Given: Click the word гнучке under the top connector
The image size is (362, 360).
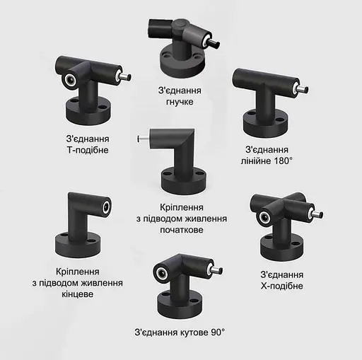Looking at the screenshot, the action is point(180,102).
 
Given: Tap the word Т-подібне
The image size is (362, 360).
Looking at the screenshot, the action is point(88,150).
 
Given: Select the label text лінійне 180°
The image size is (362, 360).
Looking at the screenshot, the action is point(267,161).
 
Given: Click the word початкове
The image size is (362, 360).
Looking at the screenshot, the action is point(182,230).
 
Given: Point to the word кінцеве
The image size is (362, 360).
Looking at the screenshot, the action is point(78,294).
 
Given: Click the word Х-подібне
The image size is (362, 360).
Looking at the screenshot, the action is point(282,286).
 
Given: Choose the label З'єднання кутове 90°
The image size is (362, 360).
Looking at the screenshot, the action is point(180,332).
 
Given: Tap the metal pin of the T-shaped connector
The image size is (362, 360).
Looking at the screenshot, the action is point(125,76).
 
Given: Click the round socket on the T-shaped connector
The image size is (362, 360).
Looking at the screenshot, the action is point(70,81).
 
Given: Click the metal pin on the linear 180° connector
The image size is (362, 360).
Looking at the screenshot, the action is point(303,90).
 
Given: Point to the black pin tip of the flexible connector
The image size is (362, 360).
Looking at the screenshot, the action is point(214,43).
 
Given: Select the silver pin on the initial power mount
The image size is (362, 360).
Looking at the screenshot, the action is point(143,139).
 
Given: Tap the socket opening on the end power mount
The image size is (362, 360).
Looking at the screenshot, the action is point(107,207).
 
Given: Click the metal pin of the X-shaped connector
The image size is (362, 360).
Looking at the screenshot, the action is point(317,215).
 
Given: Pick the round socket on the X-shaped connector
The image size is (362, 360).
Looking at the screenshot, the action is point(264,217).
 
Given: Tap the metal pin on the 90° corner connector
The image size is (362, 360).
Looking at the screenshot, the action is point(217,270).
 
